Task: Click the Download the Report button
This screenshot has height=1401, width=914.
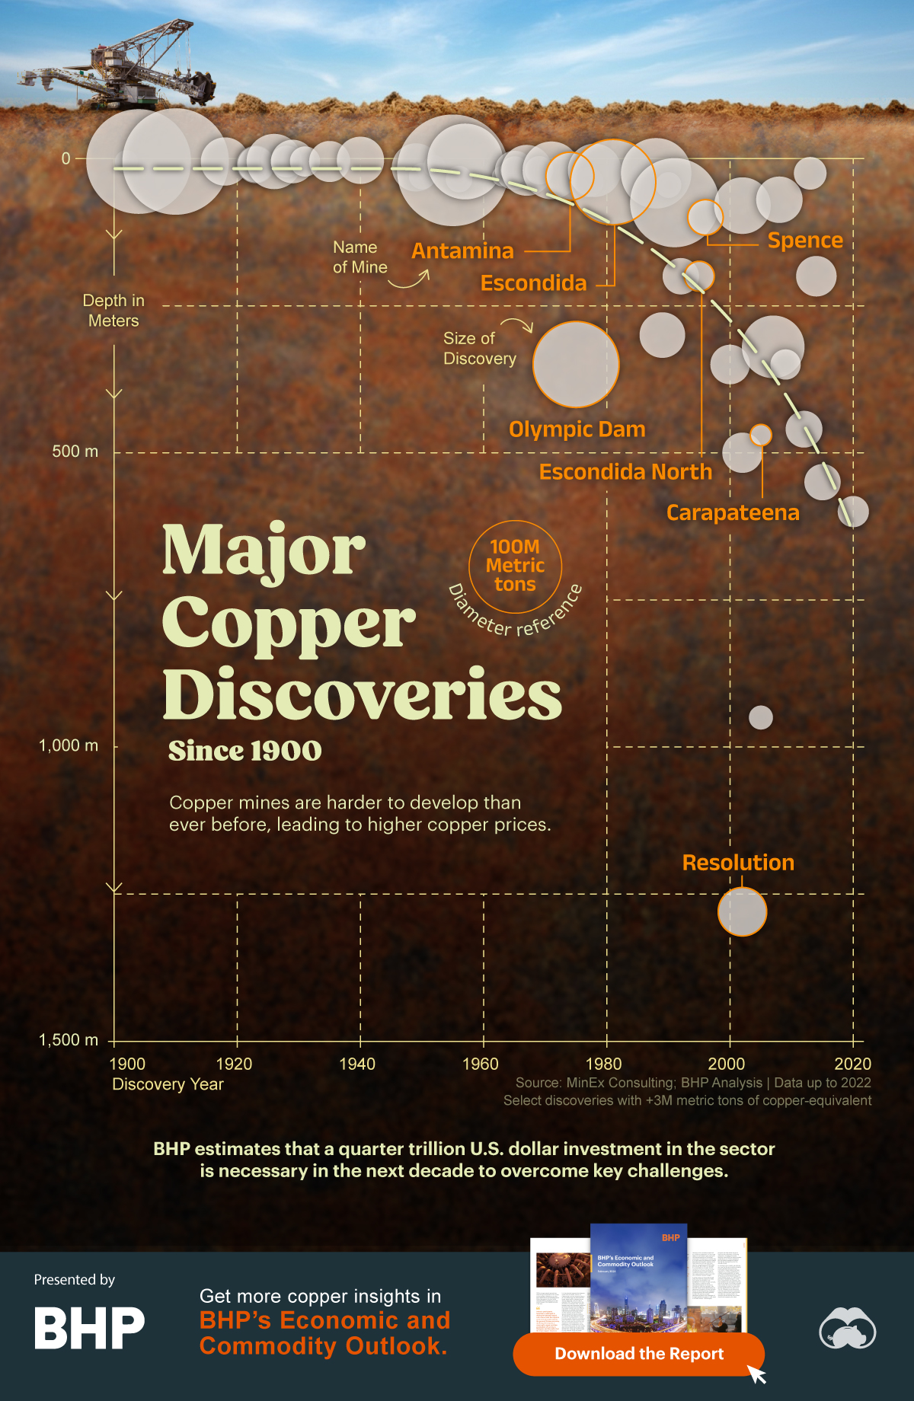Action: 638,1354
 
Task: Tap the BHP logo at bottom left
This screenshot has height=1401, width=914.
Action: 89,1328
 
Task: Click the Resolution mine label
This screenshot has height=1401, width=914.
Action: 737,863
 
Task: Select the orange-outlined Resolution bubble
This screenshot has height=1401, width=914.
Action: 742,911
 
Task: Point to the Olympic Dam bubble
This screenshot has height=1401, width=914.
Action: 576,364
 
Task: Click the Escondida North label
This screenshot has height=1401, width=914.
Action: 625,472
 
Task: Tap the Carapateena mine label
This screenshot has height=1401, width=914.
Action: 733,513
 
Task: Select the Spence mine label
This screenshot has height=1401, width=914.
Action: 805,241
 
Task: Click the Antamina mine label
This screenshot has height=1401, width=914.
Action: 462,251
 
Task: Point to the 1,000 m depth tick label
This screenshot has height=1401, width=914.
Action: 69,745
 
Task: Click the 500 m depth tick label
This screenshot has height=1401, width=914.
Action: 75,452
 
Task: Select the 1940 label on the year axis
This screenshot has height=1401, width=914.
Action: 357,1064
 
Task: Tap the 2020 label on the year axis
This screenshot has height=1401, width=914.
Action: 852,1064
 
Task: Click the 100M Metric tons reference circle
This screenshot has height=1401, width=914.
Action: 516,566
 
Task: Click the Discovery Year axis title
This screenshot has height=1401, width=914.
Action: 168,1084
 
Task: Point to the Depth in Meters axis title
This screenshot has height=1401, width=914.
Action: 113,311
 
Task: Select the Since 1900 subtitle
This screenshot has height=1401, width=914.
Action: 244,751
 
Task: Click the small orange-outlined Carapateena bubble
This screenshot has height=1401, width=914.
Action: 760,435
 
